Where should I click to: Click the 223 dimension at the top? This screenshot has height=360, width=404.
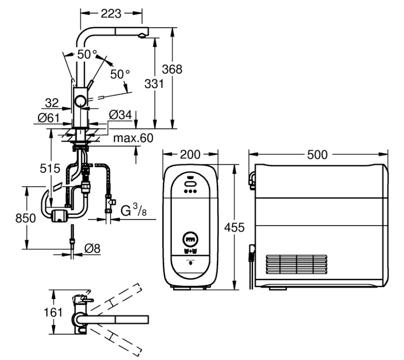click(111, 14)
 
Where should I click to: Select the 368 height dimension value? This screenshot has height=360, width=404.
click(172, 69)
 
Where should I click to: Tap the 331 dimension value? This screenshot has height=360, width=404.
click(154, 84)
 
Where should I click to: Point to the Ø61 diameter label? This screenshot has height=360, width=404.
click(49, 118)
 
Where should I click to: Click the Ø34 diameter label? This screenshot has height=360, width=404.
click(120, 115)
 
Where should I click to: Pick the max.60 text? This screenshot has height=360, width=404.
click(133, 138)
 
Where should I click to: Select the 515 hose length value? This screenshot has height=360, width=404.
click(50, 169)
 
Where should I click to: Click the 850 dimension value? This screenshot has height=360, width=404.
click(25, 218)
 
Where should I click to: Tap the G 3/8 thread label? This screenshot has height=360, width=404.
click(133, 210)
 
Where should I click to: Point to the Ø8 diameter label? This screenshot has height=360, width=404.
click(93, 248)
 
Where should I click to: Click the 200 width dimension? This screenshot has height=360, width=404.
click(190, 155)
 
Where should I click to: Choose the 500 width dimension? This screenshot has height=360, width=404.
click(317, 155)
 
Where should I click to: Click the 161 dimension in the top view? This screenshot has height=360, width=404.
click(53, 313)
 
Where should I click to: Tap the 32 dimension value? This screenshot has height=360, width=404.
click(52, 103)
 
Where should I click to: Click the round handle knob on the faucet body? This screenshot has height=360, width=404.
click(81, 101)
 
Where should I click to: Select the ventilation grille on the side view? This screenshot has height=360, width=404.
click(296, 264)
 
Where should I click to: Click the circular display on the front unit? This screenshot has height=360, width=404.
click(191, 239)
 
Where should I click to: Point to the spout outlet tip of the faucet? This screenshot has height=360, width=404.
click(142, 36)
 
